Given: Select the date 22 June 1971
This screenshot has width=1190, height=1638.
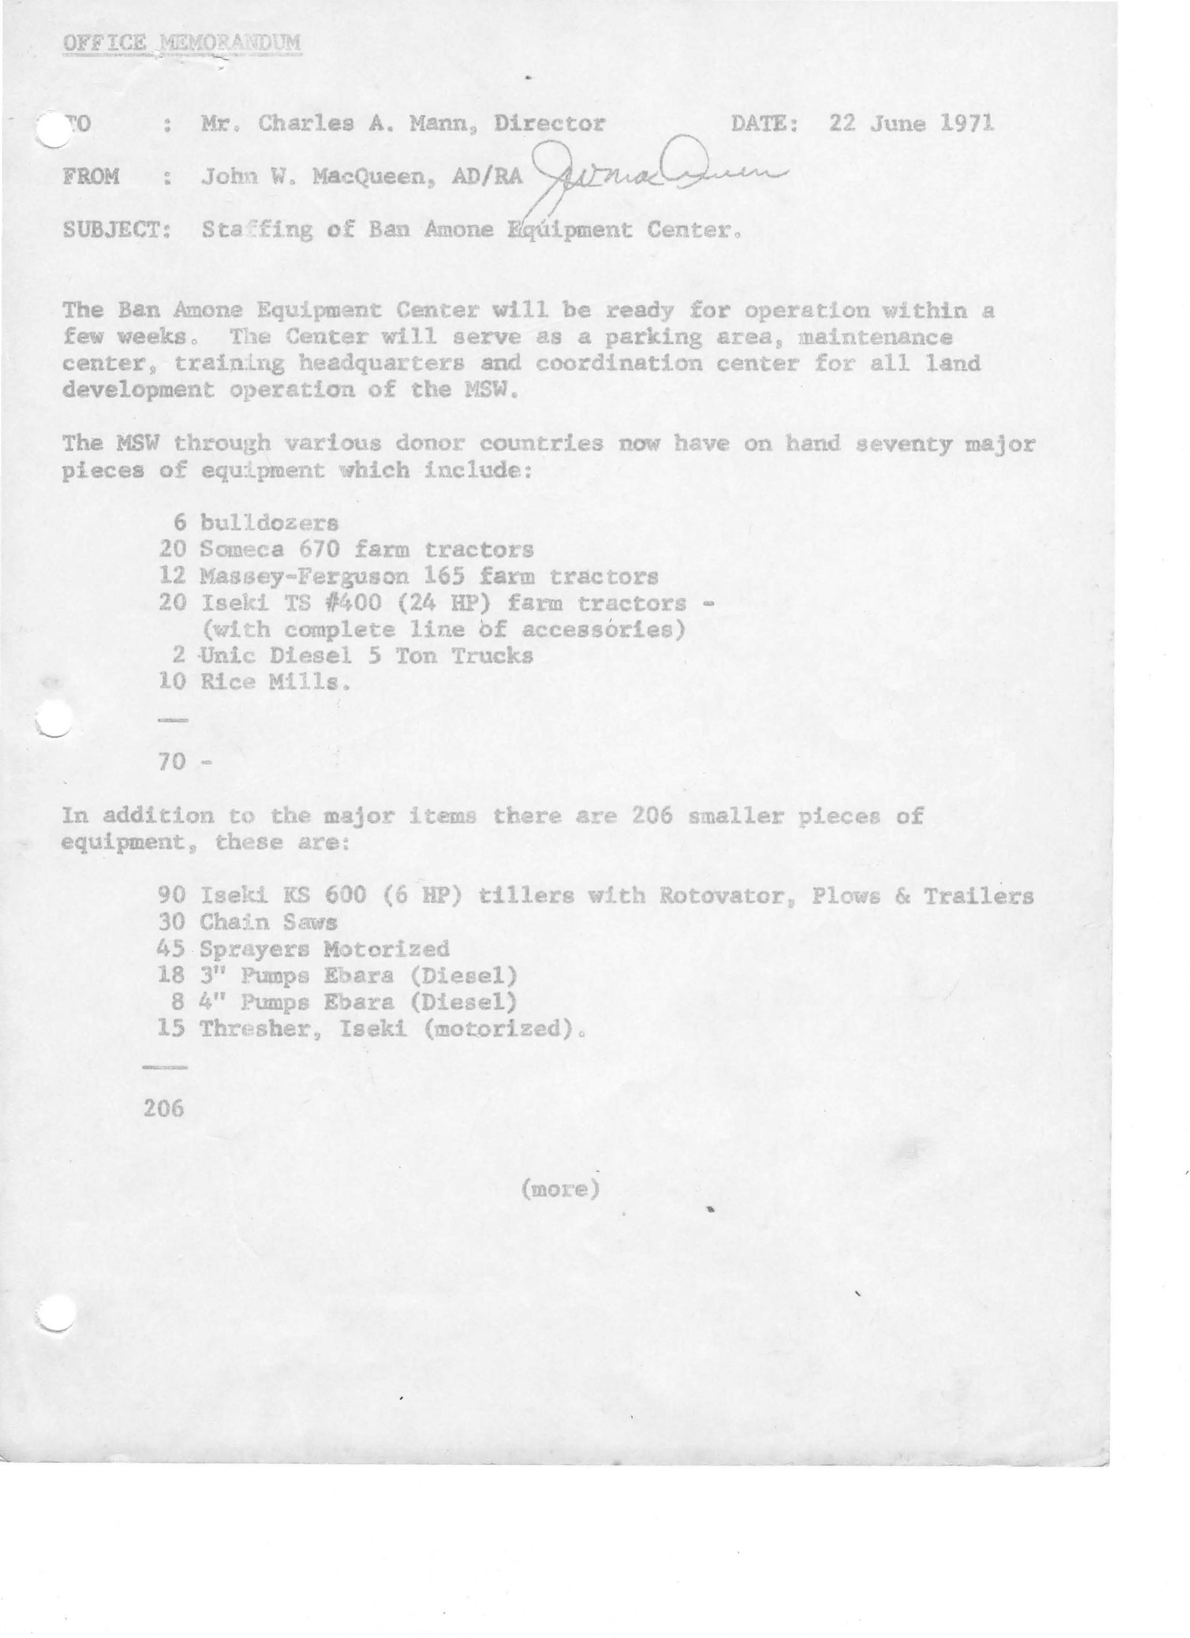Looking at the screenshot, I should (911, 124).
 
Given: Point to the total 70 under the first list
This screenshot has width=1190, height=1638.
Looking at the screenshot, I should (173, 761).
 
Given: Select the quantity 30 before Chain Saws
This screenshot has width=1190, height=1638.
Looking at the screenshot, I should (173, 922).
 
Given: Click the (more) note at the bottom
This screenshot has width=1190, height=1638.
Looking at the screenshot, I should (561, 1188).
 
